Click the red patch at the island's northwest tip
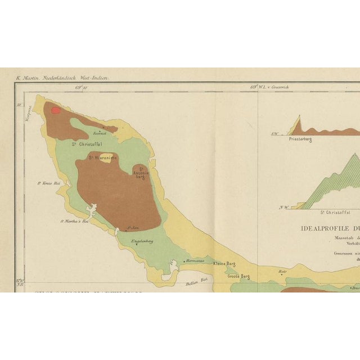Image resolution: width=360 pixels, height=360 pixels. [55, 110]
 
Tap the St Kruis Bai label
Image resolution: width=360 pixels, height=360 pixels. [48, 182]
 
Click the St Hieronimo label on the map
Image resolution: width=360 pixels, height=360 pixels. [102, 158]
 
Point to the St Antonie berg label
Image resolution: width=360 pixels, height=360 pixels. [141, 172]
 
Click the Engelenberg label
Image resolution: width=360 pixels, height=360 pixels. [142, 242]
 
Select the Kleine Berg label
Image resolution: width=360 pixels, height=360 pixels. [224, 264]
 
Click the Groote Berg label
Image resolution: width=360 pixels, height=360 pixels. [238, 276]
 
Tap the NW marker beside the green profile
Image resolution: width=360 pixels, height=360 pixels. [283, 208]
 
